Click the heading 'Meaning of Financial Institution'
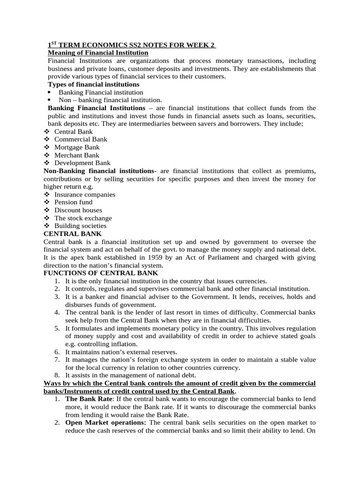coord(98,53)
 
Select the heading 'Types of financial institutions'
coord(94,84)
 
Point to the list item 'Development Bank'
coord(82,163)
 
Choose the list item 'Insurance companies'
coord(85,195)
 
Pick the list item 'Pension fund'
coord(73,202)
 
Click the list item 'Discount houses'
coord(78,210)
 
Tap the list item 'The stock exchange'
coord(83,218)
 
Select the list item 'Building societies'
coord(80,226)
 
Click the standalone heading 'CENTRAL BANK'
coord(72,234)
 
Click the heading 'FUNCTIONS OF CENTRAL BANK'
coord(101,273)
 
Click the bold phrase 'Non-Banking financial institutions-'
coord(100,171)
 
